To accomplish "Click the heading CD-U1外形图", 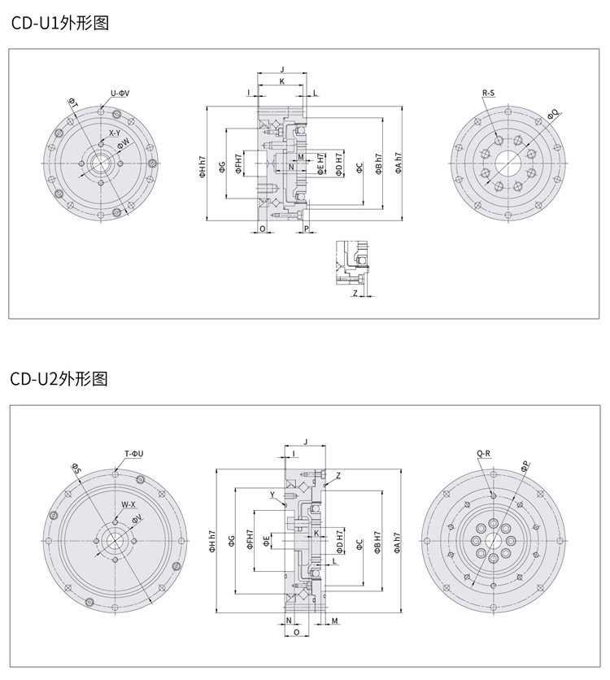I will (x=59, y=23).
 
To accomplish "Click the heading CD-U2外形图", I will (x=59, y=379).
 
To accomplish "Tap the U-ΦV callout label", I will (x=120, y=93).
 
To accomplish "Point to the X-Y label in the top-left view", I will (x=115, y=133).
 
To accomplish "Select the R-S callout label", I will (x=488, y=94).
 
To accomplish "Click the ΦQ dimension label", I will (x=553, y=113).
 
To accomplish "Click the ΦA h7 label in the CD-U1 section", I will (x=399, y=163).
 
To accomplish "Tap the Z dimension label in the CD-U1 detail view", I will (x=355, y=293).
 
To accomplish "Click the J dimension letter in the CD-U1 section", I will (x=281, y=70).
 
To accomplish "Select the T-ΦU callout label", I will (x=134, y=453).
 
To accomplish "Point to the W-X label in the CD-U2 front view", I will (x=129, y=504).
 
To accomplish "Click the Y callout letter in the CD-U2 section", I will (x=272, y=495).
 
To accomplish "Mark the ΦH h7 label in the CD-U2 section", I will (x=213, y=542).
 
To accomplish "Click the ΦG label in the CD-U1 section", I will (x=222, y=168).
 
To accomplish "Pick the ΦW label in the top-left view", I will (x=124, y=144).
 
